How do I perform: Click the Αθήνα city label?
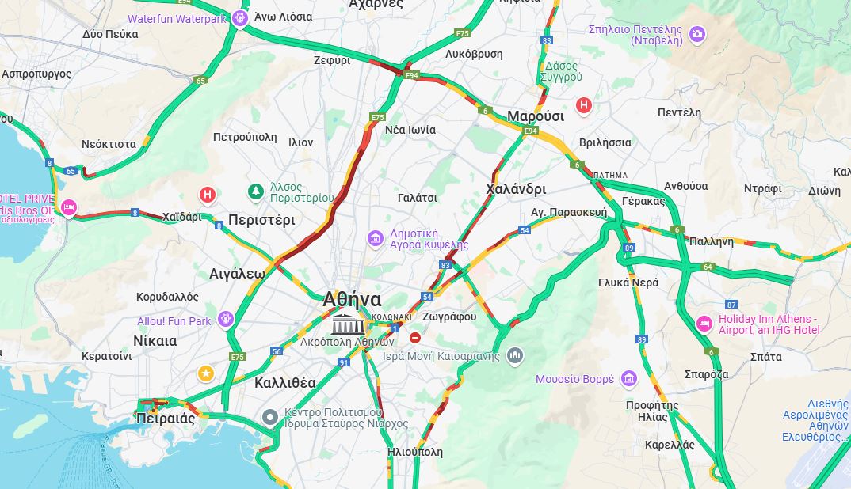pyautogui.click(x=352, y=300)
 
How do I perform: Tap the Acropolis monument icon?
pyautogui.click(x=344, y=324)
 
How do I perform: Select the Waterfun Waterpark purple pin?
pyautogui.click(x=241, y=18)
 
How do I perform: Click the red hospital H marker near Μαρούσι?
pyautogui.click(x=584, y=104)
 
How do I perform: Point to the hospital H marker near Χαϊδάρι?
pyautogui.click(x=208, y=194)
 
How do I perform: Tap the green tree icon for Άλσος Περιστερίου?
pyautogui.click(x=255, y=191)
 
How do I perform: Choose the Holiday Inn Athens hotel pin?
pyautogui.click(x=704, y=324)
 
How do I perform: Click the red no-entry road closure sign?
pyautogui.click(x=415, y=338)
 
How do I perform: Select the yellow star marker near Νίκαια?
pyautogui.click(x=206, y=373)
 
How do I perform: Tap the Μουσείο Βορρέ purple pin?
pyautogui.click(x=629, y=379)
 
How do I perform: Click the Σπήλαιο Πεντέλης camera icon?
pyautogui.click(x=696, y=33)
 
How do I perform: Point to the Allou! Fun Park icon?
pyautogui.click(x=226, y=319)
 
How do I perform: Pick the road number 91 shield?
pyautogui.click(x=344, y=362)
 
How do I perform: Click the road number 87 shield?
pyautogui.click(x=731, y=305)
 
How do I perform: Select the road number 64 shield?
pyautogui.click(x=707, y=267)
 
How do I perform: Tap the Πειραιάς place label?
pyautogui.click(x=166, y=419)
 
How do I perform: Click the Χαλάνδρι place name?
pyautogui.click(x=515, y=189)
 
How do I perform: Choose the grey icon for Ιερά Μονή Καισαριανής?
pyautogui.click(x=515, y=355)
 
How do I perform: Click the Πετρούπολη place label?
pyautogui.click(x=245, y=137)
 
